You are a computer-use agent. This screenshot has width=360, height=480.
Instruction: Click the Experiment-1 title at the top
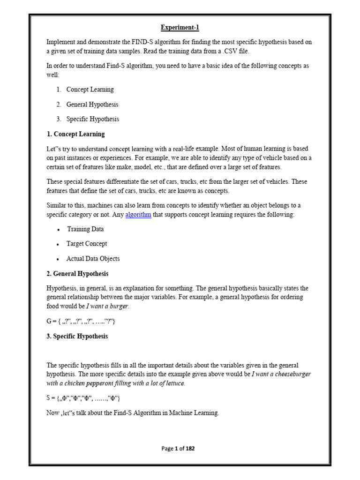coord(180,28)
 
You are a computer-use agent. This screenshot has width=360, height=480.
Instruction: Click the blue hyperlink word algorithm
coord(138,215)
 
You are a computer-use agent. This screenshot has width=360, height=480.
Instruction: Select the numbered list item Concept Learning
coord(90,90)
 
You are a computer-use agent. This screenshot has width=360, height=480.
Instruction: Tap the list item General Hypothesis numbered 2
coord(92,105)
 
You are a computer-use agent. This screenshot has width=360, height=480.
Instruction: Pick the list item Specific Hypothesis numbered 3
coord(93,119)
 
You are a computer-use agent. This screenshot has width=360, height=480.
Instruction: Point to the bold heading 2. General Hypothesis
coord(77,273)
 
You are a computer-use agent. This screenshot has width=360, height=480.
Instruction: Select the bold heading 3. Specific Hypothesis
coord(77,336)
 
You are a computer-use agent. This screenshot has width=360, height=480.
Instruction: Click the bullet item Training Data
coord(85,229)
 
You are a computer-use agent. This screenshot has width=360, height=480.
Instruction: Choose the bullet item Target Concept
coord(87,244)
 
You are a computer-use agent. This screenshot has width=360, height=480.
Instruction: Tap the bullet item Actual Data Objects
coord(93,259)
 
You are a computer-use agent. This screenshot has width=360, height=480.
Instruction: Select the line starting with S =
coord(83,398)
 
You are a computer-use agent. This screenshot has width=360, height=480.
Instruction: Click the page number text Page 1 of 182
coord(178,449)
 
